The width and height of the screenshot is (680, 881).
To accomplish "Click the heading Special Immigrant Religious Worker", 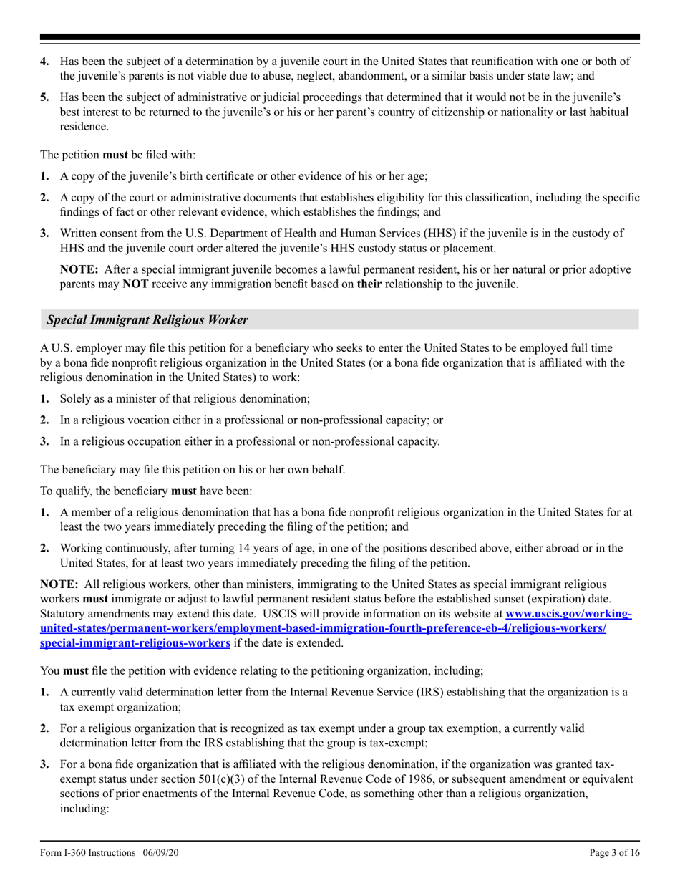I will pyautogui.click(x=147, y=319).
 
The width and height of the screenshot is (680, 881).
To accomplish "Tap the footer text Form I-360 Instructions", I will pyautogui.click(x=87, y=852).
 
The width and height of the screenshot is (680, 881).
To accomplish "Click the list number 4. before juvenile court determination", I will pyautogui.click(x=44, y=61).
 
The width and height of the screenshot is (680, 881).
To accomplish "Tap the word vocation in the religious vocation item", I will pyautogui.click(x=136, y=420).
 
